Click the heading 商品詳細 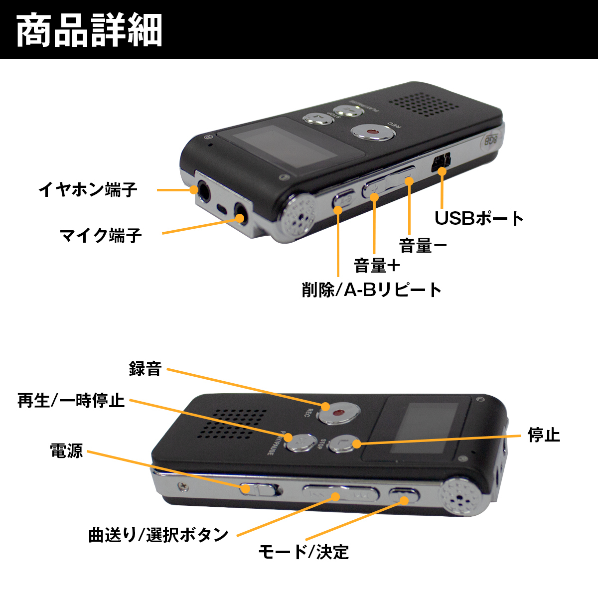(90, 30)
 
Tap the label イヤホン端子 (88, 190)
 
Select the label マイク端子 (101, 235)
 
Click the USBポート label (479, 218)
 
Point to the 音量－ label (423, 246)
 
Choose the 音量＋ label (377, 266)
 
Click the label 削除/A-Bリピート (372, 290)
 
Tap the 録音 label (145, 369)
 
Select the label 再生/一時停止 (71, 400)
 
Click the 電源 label (66, 450)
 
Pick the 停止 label (544, 435)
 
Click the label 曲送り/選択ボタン (158, 535)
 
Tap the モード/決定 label (303, 552)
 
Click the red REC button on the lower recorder (339, 413)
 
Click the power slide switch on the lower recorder (259, 489)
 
